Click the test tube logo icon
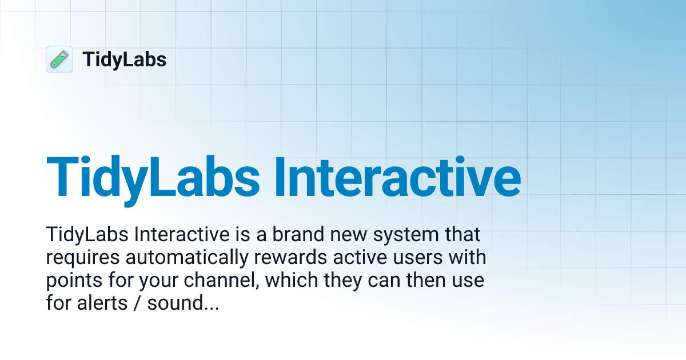point(59,59)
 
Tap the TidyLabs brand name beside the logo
point(125,59)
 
